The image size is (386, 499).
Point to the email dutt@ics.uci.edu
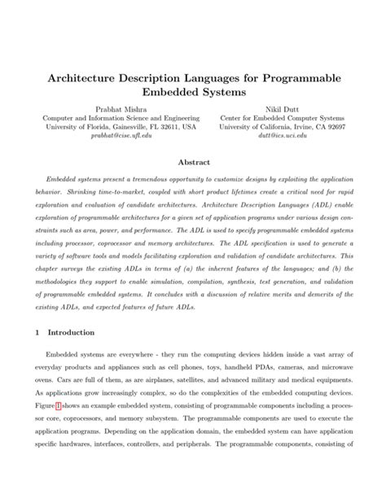click(283, 137)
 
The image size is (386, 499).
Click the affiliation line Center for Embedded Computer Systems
click(283, 116)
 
